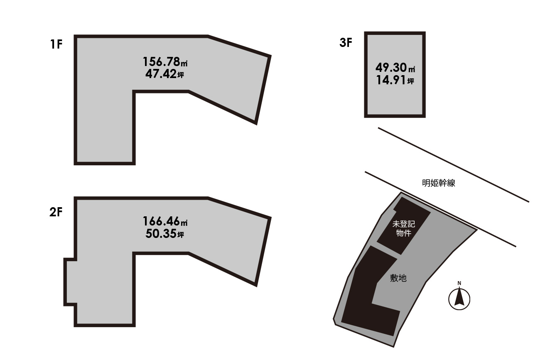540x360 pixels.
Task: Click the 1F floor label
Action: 56,44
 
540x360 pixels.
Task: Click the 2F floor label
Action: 56,212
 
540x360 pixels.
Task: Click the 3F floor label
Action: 346,42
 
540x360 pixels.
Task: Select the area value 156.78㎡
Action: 165,62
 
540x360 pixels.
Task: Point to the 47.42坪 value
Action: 164,74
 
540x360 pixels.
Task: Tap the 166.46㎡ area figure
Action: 165,221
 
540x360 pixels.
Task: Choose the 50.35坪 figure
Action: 165,233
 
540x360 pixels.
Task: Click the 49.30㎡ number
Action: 395,68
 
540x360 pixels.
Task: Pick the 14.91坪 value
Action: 395,80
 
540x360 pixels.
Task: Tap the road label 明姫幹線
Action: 439,183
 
